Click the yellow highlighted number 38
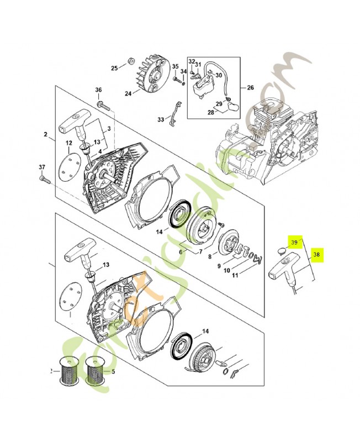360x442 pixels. point(316,255)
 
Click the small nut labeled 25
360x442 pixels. point(131,60)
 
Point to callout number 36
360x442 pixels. point(98,90)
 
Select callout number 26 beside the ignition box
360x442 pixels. point(250,87)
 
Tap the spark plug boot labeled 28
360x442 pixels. point(231,105)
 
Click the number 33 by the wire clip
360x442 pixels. point(161,119)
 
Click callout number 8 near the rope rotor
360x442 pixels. point(209,256)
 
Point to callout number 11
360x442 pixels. point(235,275)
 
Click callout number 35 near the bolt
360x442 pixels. point(175,67)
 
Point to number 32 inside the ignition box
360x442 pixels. point(192,61)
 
